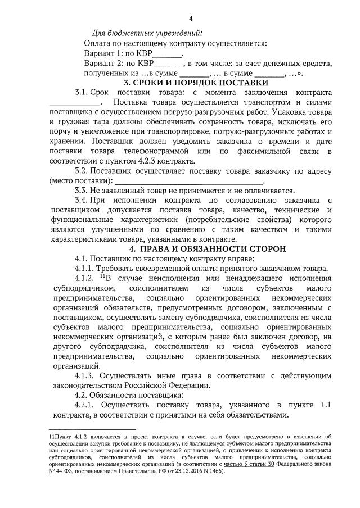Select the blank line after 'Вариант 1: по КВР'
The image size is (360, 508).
click(x=167, y=55)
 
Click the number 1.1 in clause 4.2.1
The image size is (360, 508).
click(x=326, y=405)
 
